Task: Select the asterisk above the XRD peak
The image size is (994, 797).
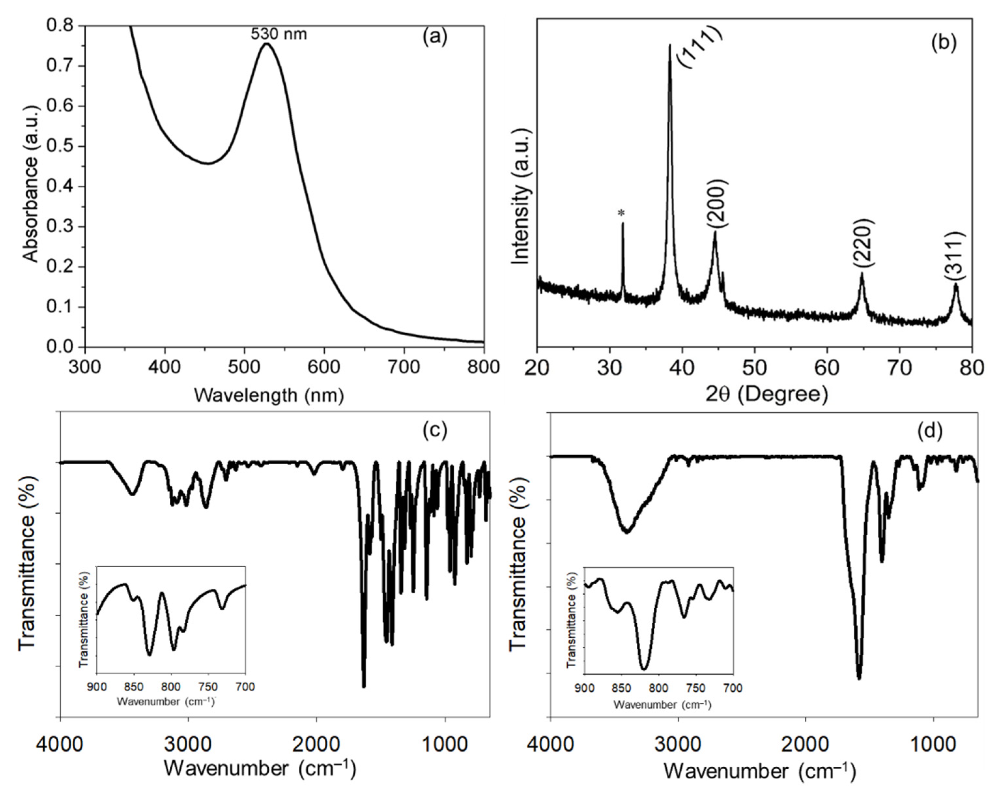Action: click(x=622, y=213)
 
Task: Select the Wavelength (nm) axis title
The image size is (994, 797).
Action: click(x=269, y=395)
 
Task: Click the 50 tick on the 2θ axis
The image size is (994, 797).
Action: click(x=754, y=367)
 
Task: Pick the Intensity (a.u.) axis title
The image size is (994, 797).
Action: click(x=521, y=196)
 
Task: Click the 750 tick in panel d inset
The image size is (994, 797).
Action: click(x=696, y=688)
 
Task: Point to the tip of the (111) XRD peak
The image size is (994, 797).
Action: click(x=669, y=45)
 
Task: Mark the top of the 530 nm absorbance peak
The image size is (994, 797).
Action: click(x=266, y=44)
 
